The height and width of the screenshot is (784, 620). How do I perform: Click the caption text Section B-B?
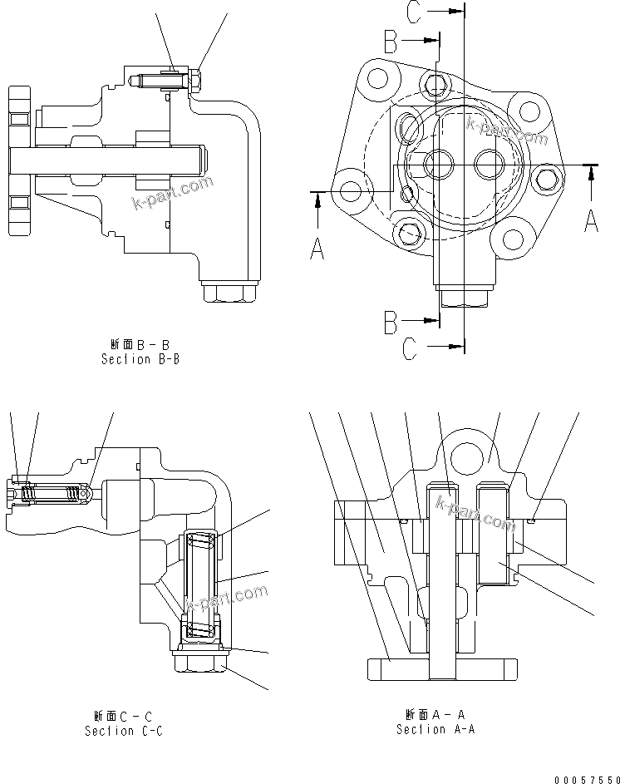140,359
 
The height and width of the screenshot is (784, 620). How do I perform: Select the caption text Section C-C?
123,731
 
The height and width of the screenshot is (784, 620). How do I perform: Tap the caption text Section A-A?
435,729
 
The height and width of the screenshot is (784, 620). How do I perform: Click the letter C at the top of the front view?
417,12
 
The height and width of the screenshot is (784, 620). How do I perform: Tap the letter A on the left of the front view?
317,247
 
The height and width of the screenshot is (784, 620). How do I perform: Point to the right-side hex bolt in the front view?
546,177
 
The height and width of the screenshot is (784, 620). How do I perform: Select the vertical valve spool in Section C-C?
203,586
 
